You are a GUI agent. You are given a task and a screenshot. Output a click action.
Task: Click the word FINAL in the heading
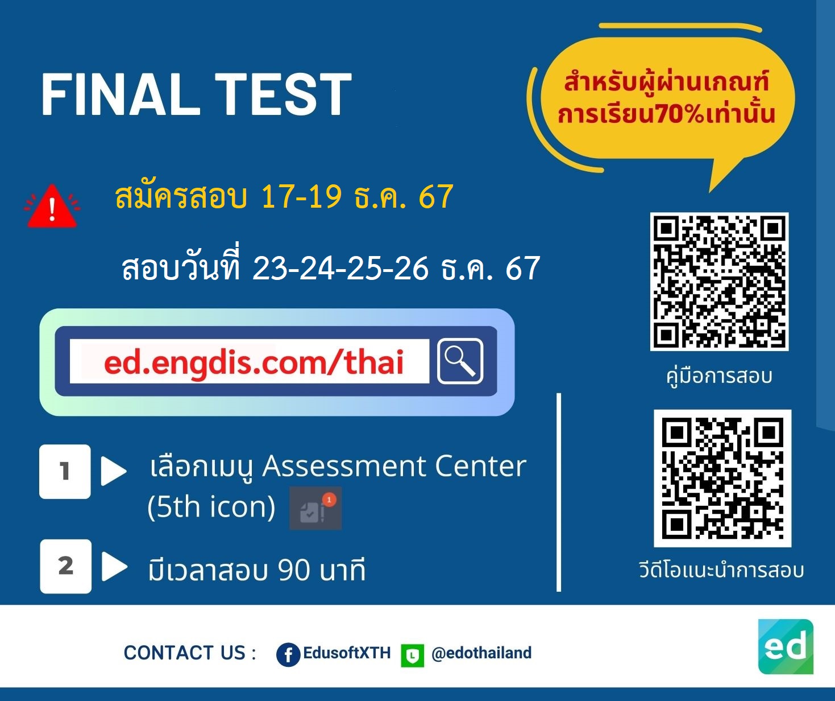coord(121,95)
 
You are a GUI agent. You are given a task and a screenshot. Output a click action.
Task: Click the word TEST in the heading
coord(283,95)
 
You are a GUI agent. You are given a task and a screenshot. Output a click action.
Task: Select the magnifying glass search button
coord(460,361)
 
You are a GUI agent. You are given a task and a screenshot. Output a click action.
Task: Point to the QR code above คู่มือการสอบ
coord(719,282)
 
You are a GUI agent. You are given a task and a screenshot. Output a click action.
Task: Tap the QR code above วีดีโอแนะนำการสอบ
coord(722,478)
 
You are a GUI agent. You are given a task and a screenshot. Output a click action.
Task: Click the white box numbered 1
coord(65,471)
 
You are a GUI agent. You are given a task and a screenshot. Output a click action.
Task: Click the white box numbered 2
coord(65,566)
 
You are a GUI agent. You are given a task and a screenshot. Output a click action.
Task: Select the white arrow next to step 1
coord(113,471)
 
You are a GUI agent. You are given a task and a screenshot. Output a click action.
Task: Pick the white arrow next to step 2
coord(114,566)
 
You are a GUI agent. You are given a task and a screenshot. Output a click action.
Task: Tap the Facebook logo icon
coord(288,654)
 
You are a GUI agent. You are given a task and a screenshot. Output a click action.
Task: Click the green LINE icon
coord(412,655)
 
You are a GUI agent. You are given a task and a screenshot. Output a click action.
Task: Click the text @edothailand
coord(481,653)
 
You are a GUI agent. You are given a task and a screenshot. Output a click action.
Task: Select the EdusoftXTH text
coord(347,653)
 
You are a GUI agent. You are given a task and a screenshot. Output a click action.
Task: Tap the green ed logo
coord(786,646)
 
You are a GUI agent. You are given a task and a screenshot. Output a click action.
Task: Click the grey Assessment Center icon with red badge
coord(315,508)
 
